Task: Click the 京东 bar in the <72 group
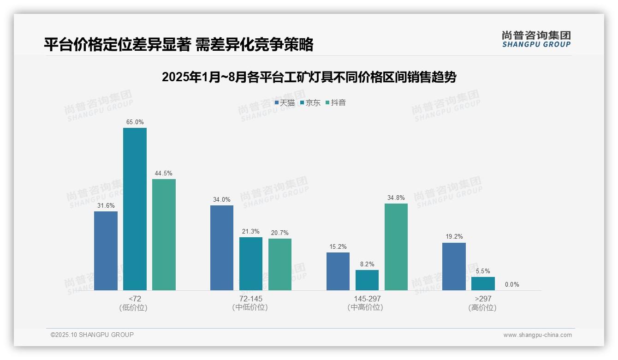tap(135, 209)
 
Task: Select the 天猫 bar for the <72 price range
tap(106, 251)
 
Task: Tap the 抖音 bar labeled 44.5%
tap(164, 234)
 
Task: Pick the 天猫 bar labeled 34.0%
tap(222, 248)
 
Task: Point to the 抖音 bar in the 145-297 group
tap(396, 247)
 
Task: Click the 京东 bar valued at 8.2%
tap(367, 280)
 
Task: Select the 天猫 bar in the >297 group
tap(454, 266)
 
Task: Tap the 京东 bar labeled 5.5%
tap(483, 283)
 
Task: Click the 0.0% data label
tap(512, 284)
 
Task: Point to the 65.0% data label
tap(135, 122)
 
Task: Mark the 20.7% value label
tap(280, 233)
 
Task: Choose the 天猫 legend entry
tap(285, 103)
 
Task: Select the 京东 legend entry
tap(310, 103)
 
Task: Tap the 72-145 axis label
tap(250, 299)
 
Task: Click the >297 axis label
tap(482, 299)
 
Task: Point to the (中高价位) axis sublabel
tap(365, 307)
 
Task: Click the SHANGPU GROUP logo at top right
tap(536, 39)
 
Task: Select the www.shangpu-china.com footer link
tap(537, 335)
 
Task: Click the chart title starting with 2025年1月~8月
tap(309, 77)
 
